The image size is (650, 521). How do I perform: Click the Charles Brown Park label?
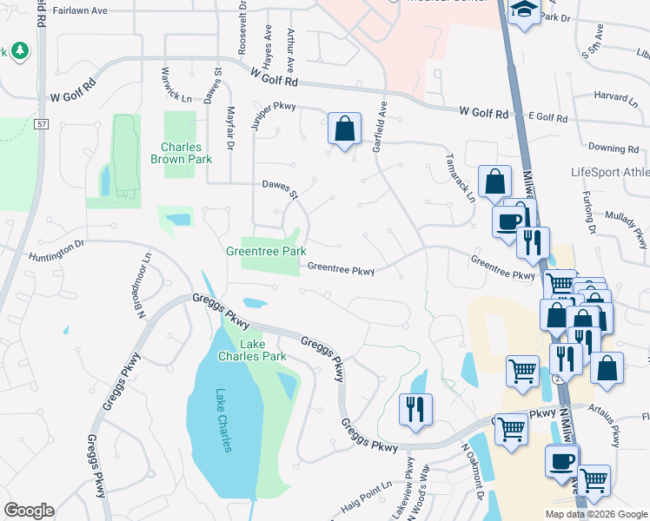click(181, 153)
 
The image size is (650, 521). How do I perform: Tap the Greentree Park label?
click(266, 251)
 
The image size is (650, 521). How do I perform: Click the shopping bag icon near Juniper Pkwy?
click(345, 129)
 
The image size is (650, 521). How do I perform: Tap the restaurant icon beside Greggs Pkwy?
click(415, 408)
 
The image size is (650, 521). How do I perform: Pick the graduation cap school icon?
click(524, 11)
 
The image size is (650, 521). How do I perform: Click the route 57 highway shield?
click(41, 125)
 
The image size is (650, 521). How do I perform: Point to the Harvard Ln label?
click(615, 96)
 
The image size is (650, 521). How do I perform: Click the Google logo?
click(29, 511)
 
